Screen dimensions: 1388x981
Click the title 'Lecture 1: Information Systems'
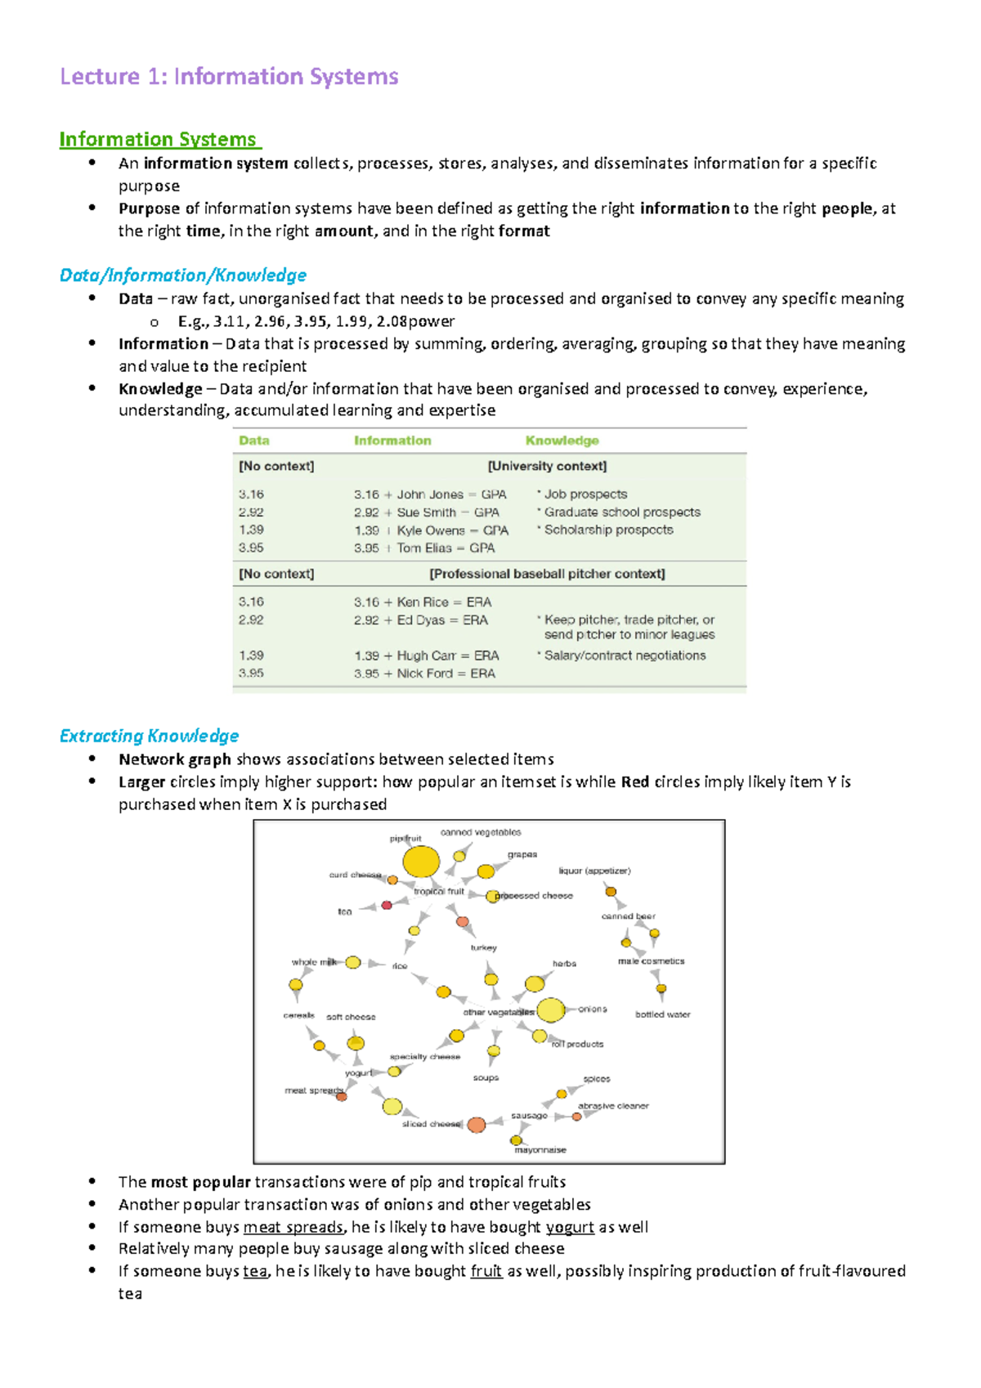[229, 77]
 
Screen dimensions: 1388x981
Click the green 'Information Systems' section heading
[159, 140]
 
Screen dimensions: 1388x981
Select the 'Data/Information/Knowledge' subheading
[183, 275]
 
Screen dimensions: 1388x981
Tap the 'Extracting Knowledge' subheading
[149, 736]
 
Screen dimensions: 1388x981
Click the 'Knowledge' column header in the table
[562, 441]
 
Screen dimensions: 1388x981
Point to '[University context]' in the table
[547, 466]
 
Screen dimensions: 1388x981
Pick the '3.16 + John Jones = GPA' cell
[430, 495]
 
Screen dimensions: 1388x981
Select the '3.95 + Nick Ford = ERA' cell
[424, 674]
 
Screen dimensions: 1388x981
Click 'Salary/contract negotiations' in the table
[625, 656]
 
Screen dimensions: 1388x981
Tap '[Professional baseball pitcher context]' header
[547, 574]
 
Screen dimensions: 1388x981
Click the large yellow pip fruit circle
[421, 862]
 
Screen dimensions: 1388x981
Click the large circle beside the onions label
[551, 1010]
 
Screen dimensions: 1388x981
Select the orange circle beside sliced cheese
[477, 1125]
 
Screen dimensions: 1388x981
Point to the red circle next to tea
[387, 905]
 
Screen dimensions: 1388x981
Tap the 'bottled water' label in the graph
[662, 1014]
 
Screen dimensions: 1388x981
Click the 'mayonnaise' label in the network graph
[540, 1150]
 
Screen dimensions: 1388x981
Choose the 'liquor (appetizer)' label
[594, 871]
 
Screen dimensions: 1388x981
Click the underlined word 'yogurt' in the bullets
[570, 1227]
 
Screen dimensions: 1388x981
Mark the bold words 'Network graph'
[174, 759]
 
